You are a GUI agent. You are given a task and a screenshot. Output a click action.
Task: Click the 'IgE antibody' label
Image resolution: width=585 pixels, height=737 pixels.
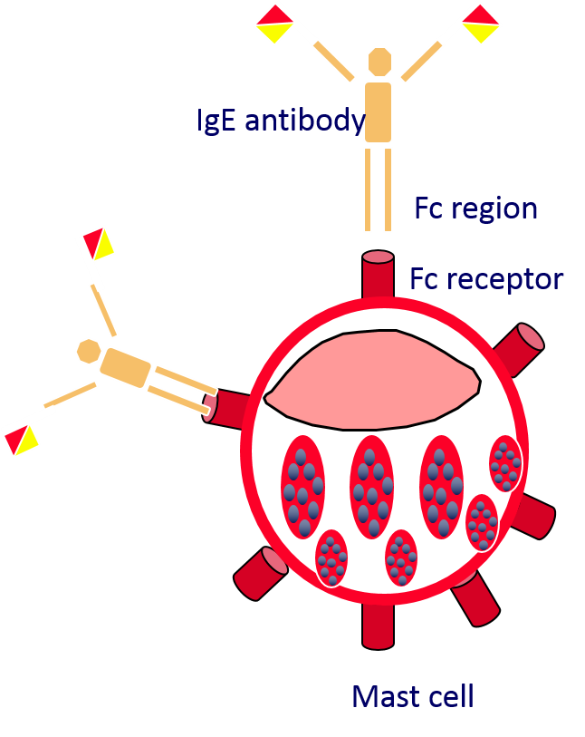281,121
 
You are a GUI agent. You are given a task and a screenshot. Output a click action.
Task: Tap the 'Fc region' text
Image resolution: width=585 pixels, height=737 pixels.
476,208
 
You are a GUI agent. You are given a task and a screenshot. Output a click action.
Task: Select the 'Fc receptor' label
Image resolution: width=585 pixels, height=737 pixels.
486,278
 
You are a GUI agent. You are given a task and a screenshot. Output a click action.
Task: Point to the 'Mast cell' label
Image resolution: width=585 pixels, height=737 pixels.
412,696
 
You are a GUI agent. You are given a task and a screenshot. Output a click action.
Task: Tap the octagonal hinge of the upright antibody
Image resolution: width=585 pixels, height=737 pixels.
379,63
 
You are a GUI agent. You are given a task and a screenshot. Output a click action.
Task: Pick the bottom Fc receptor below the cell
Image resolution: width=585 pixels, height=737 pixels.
378,626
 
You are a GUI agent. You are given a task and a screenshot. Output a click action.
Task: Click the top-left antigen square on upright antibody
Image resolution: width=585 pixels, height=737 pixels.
273,24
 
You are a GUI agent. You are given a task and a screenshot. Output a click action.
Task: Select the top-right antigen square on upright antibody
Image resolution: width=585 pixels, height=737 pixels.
482,23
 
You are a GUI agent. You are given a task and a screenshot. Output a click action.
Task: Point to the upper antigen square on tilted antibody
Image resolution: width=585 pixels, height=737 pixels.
96,244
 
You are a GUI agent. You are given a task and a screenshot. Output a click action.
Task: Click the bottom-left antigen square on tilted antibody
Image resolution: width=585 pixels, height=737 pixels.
20,440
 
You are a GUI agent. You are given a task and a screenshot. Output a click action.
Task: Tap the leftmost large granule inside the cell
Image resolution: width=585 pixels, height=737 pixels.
302,487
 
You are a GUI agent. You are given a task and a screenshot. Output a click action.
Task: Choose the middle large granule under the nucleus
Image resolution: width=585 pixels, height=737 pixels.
371,487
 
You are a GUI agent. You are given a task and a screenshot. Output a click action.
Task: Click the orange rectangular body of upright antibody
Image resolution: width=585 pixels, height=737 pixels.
379,112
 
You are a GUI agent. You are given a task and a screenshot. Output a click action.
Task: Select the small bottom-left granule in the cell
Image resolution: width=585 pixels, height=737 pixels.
331,558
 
